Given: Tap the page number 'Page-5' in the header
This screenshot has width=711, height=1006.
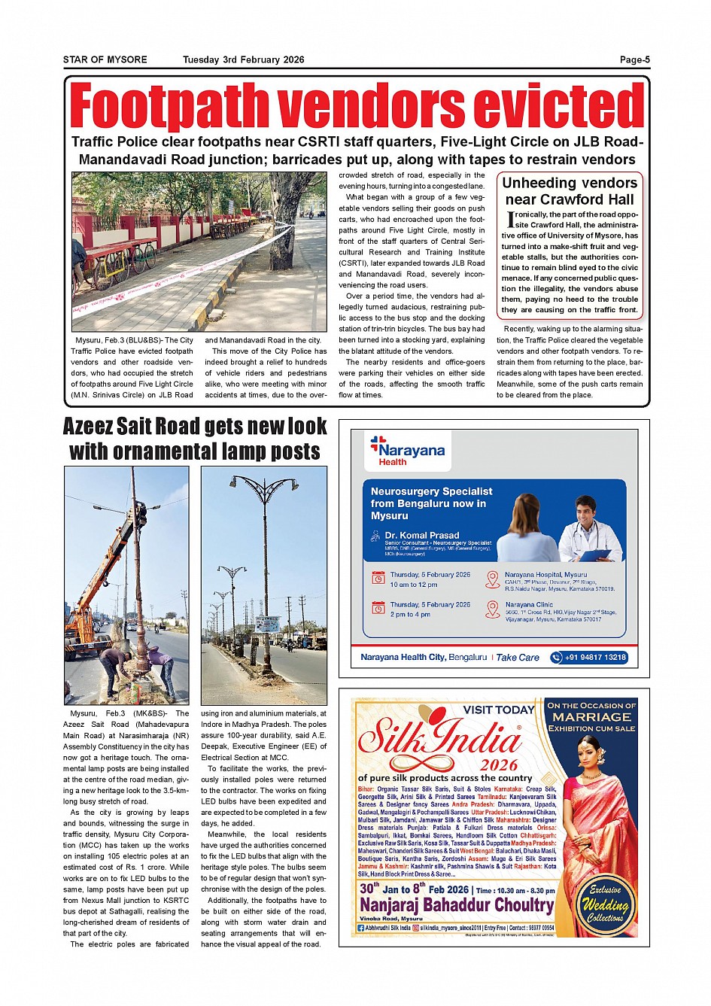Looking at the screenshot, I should click(x=634, y=60).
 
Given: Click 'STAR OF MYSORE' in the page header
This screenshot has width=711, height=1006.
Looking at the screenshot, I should click(x=105, y=60).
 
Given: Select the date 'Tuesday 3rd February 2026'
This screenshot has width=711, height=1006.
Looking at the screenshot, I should click(x=243, y=60).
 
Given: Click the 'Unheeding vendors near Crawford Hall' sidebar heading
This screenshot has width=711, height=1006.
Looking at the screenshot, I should click(x=570, y=191).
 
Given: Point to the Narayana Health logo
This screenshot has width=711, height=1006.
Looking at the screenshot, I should click(x=407, y=450).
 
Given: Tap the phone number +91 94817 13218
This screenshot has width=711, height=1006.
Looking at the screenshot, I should click(x=589, y=657).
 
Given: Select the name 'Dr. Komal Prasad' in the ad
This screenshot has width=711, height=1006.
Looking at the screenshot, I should click(x=422, y=535).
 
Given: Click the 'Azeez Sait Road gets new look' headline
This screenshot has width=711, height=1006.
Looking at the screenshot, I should click(x=195, y=427).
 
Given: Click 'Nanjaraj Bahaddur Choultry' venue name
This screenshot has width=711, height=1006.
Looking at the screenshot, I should click(x=456, y=905).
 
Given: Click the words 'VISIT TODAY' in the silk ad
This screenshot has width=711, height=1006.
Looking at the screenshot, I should click(x=498, y=710).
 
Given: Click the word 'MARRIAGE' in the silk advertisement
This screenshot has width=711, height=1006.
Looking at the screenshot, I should click(x=591, y=717).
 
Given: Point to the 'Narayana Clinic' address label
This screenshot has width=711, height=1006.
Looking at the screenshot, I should click(x=529, y=604).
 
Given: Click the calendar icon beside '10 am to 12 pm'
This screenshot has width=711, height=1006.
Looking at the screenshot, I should click(x=378, y=578).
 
